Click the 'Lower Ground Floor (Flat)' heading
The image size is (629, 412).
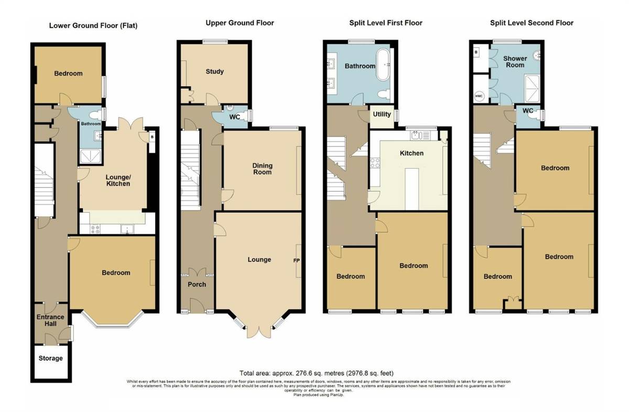[93, 25]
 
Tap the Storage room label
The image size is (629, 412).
[50, 359]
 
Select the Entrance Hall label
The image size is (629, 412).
[50, 320]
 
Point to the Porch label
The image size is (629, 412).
[197, 284]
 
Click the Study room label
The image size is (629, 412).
[215, 72]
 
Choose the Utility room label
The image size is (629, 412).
[382, 114]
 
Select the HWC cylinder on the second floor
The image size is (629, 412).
[479, 96]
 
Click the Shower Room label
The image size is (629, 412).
[515, 62]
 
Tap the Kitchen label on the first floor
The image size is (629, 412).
[411, 153]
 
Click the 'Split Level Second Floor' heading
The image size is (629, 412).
[532, 23]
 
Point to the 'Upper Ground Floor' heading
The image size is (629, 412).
[240, 23]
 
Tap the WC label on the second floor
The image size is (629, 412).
[528, 111]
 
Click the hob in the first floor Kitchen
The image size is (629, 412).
[375, 163]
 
